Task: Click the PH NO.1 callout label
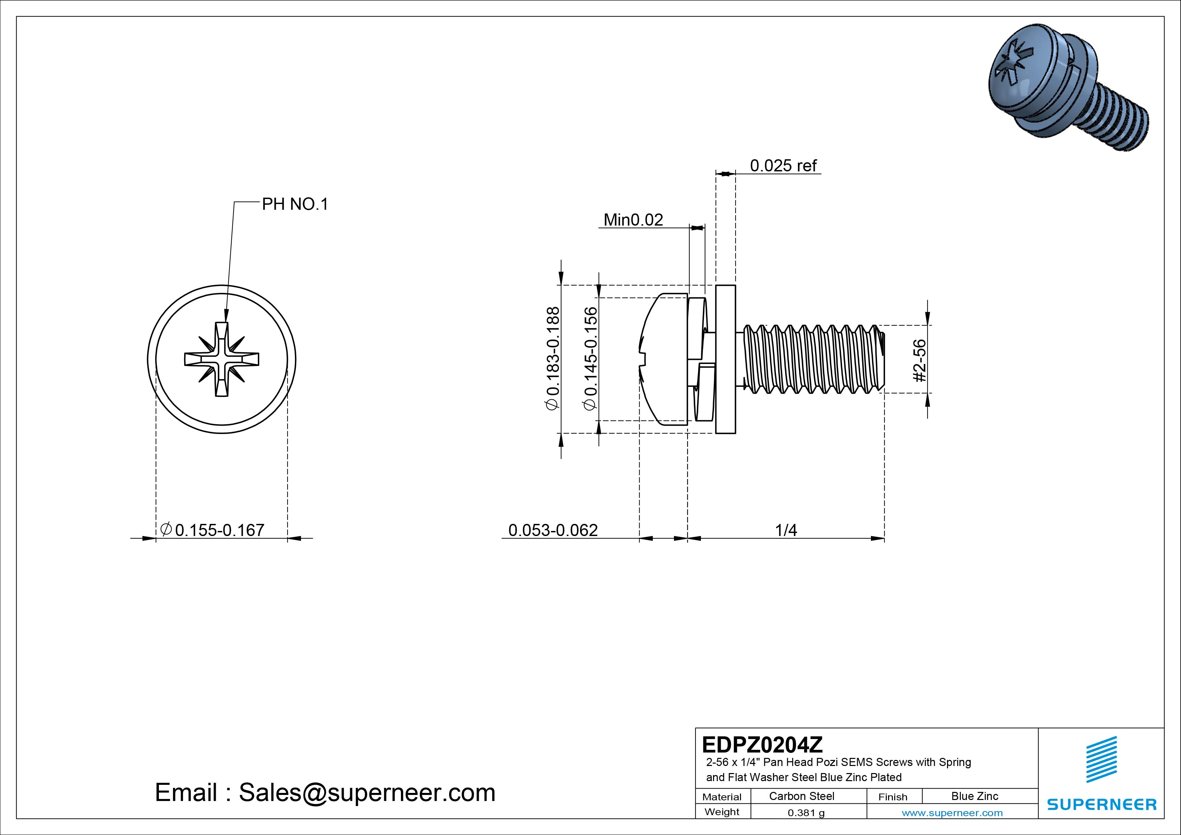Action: coord(295,204)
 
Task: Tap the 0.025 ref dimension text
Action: coord(783,166)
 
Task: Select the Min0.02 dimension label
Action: coord(633,220)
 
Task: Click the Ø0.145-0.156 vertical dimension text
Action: coord(590,358)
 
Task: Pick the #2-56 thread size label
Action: coord(920,360)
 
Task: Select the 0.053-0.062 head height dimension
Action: coord(553,530)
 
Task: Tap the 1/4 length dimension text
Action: coord(786,530)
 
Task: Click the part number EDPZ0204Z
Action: coord(762,744)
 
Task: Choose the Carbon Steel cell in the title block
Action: coord(801,796)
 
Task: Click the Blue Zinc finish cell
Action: coord(975,796)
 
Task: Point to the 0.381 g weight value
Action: coord(806,813)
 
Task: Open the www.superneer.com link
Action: coord(952,813)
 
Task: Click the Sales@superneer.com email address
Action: coord(367,792)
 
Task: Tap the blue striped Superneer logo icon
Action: coord(1101,759)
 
